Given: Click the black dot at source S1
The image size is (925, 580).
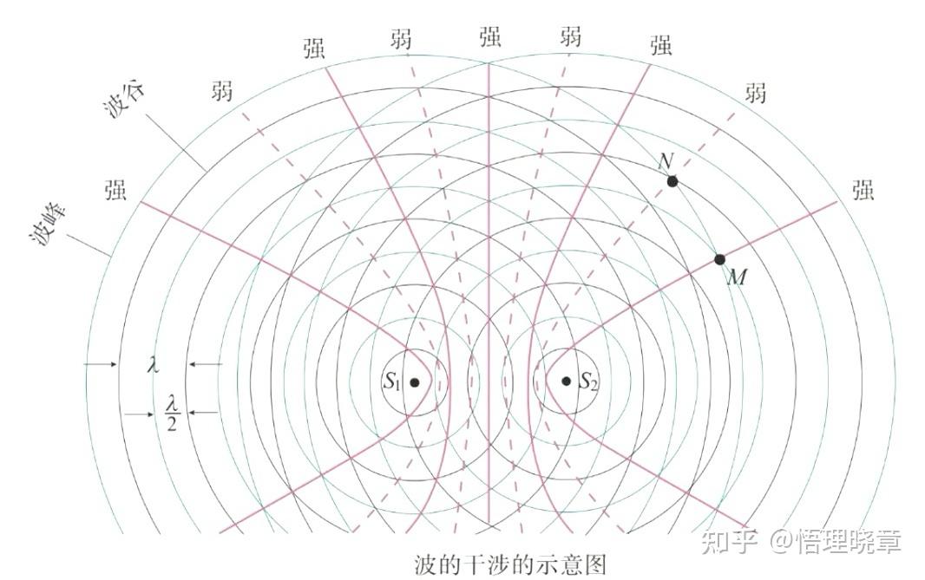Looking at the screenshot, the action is click(415, 382).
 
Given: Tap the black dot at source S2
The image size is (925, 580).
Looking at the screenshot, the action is click(566, 381).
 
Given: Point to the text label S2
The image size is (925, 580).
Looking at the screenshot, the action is click(588, 381).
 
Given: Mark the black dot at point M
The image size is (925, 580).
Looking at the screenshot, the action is click(719, 259).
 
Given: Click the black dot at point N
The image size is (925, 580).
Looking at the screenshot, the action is click(672, 181).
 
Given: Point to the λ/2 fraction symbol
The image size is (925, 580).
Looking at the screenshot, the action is click(172, 413).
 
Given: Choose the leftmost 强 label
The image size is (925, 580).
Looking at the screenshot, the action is click(115, 190).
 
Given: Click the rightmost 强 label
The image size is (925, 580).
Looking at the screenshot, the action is click(863, 192).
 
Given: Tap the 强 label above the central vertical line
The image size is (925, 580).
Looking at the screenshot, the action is click(489, 37).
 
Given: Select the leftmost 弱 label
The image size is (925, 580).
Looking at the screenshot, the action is click(222, 90).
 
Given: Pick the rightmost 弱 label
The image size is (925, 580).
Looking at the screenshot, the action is click(756, 92).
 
